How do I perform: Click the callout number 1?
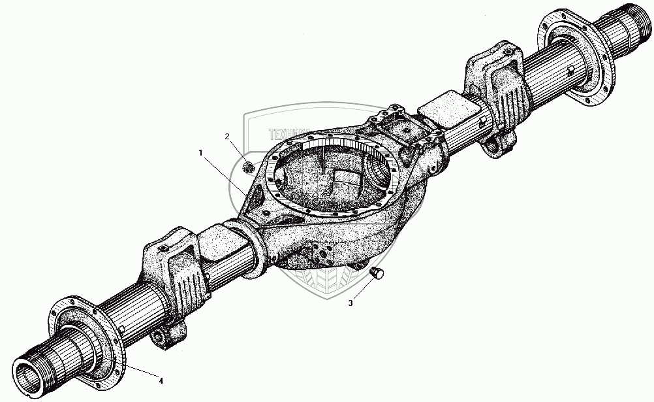tap(201, 152)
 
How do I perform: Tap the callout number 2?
tap(227, 136)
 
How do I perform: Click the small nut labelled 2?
tap(248, 168)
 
